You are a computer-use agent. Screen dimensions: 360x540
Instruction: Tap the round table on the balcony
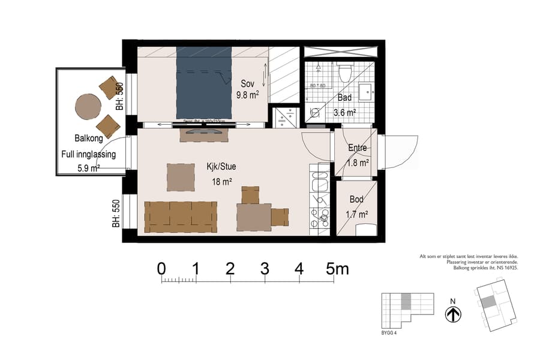88,107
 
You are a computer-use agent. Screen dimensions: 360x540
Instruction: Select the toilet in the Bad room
344,73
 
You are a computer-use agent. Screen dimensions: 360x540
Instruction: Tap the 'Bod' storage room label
356,199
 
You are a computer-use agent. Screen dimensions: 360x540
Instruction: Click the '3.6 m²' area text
345,112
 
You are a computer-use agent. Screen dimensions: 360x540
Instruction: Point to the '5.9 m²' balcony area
88,169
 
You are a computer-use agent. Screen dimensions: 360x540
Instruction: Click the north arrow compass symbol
452,314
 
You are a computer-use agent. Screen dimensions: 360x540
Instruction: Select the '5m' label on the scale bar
338,269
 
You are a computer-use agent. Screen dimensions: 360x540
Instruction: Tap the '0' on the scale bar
161,269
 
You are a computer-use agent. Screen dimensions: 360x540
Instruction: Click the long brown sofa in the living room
179,217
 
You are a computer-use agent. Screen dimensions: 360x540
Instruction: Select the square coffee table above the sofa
181,177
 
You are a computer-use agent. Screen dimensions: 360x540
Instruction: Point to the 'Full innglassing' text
88,154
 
